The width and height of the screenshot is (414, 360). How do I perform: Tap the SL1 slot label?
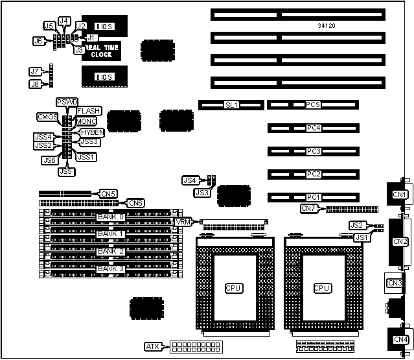231,104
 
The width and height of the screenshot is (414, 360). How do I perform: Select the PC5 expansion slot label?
314,104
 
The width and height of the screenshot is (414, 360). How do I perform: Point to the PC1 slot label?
314,197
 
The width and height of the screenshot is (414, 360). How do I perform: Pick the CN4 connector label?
400,339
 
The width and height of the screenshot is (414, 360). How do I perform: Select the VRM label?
183,222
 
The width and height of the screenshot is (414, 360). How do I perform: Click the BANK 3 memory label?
110,268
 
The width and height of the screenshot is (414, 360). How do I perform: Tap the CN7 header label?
309,208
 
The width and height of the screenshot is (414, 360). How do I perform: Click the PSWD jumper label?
67,102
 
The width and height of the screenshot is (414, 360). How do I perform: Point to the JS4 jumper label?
189,180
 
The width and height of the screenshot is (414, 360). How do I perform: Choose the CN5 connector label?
108,193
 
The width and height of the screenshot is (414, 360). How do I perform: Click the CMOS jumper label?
47,117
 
